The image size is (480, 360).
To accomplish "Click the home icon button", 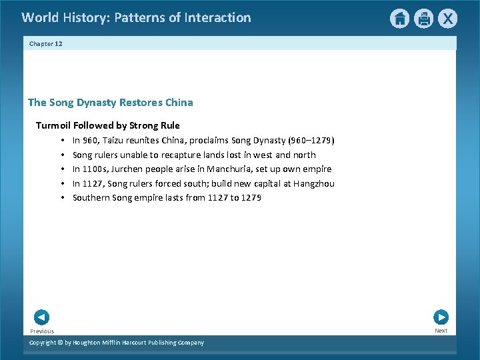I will pos(399,19).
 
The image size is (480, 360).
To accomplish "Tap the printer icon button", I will pos(423,19).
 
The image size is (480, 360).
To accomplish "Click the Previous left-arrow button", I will pos(41,317).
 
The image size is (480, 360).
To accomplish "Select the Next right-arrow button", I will pos(441,317).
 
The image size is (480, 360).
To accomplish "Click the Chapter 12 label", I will pos(45,43).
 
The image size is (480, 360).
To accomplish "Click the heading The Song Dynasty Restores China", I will pos(111,103).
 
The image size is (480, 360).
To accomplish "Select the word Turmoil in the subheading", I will pos(53,125).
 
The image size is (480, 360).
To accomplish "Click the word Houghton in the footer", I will pos(90,343).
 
